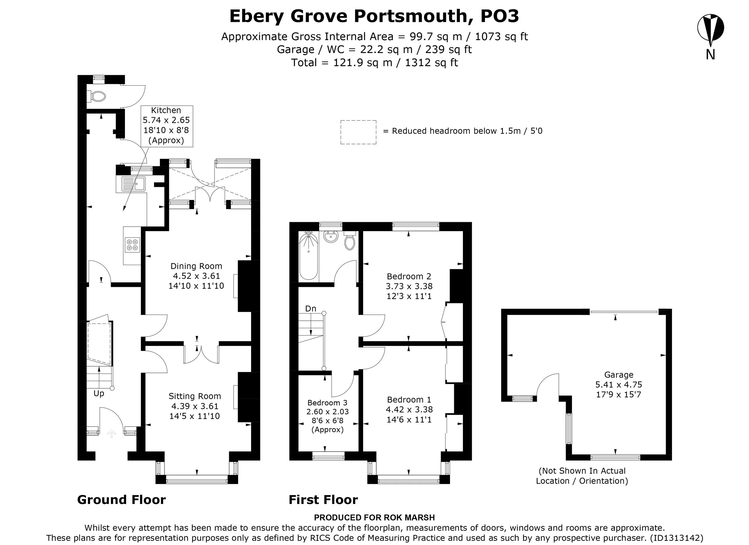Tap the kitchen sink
coord(133,184)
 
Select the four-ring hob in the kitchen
coord(132,245)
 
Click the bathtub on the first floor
coord(309,256)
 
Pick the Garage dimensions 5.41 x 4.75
coord(619,384)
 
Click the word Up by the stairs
coord(99,393)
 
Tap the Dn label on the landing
coord(311,309)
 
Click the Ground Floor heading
coord(122,500)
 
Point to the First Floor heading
coord(323,500)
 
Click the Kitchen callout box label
coord(167,125)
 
